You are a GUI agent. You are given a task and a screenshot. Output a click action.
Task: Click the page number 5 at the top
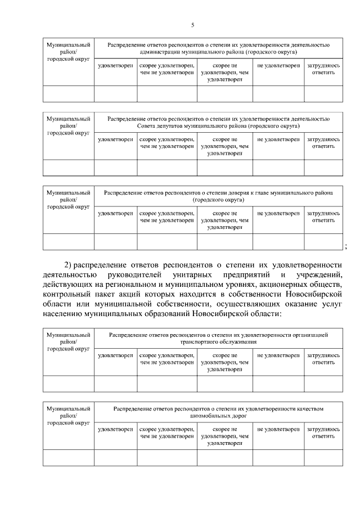tap(192, 25)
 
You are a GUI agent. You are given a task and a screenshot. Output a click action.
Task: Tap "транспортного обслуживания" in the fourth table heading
tap(219, 341)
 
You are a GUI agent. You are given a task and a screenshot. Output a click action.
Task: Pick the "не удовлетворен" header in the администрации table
tap(278, 66)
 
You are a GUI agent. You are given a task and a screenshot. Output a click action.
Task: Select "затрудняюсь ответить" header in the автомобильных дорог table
tap(323, 433)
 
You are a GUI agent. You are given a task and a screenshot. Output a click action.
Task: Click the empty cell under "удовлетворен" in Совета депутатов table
tap(115, 168)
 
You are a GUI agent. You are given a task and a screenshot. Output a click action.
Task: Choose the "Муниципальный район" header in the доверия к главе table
tap(68, 200)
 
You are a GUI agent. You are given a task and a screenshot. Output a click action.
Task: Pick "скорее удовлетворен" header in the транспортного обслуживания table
tap(166, 359)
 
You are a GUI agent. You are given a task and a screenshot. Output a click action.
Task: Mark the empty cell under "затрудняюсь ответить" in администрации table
tap(323, 93)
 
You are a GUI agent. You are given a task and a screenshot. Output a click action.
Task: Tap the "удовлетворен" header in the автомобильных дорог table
tap(115, 429)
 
